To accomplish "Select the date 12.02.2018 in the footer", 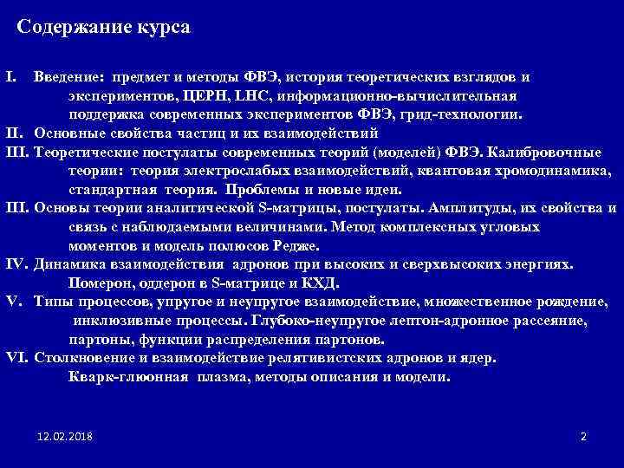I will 67,435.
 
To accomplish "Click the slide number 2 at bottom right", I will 583,435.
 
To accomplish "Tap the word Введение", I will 69,77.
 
